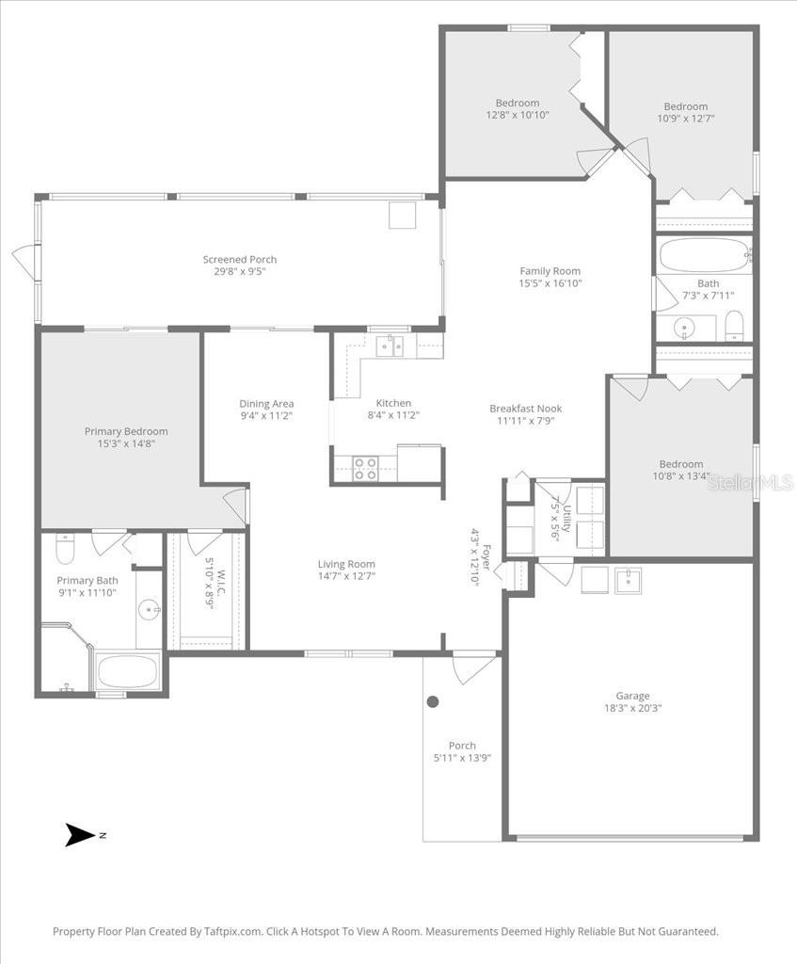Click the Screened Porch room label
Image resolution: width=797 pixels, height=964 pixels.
240,260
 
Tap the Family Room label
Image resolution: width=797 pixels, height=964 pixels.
550,271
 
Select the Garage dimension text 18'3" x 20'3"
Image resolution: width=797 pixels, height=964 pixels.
632,708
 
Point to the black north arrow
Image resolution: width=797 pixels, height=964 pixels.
81,834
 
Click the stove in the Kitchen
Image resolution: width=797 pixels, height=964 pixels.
364,468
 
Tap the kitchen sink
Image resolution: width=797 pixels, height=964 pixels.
391,345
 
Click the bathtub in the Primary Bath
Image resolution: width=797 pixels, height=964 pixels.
128,672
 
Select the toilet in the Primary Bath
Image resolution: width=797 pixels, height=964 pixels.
65,547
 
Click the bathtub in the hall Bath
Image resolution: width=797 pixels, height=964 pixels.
702,254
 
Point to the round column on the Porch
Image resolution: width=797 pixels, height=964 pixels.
433,701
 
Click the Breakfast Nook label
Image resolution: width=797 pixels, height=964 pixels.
525,409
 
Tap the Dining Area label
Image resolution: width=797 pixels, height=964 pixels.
266,404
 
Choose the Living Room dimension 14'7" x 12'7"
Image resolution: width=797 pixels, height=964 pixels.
346,576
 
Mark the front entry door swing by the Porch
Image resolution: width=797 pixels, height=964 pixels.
472,667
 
